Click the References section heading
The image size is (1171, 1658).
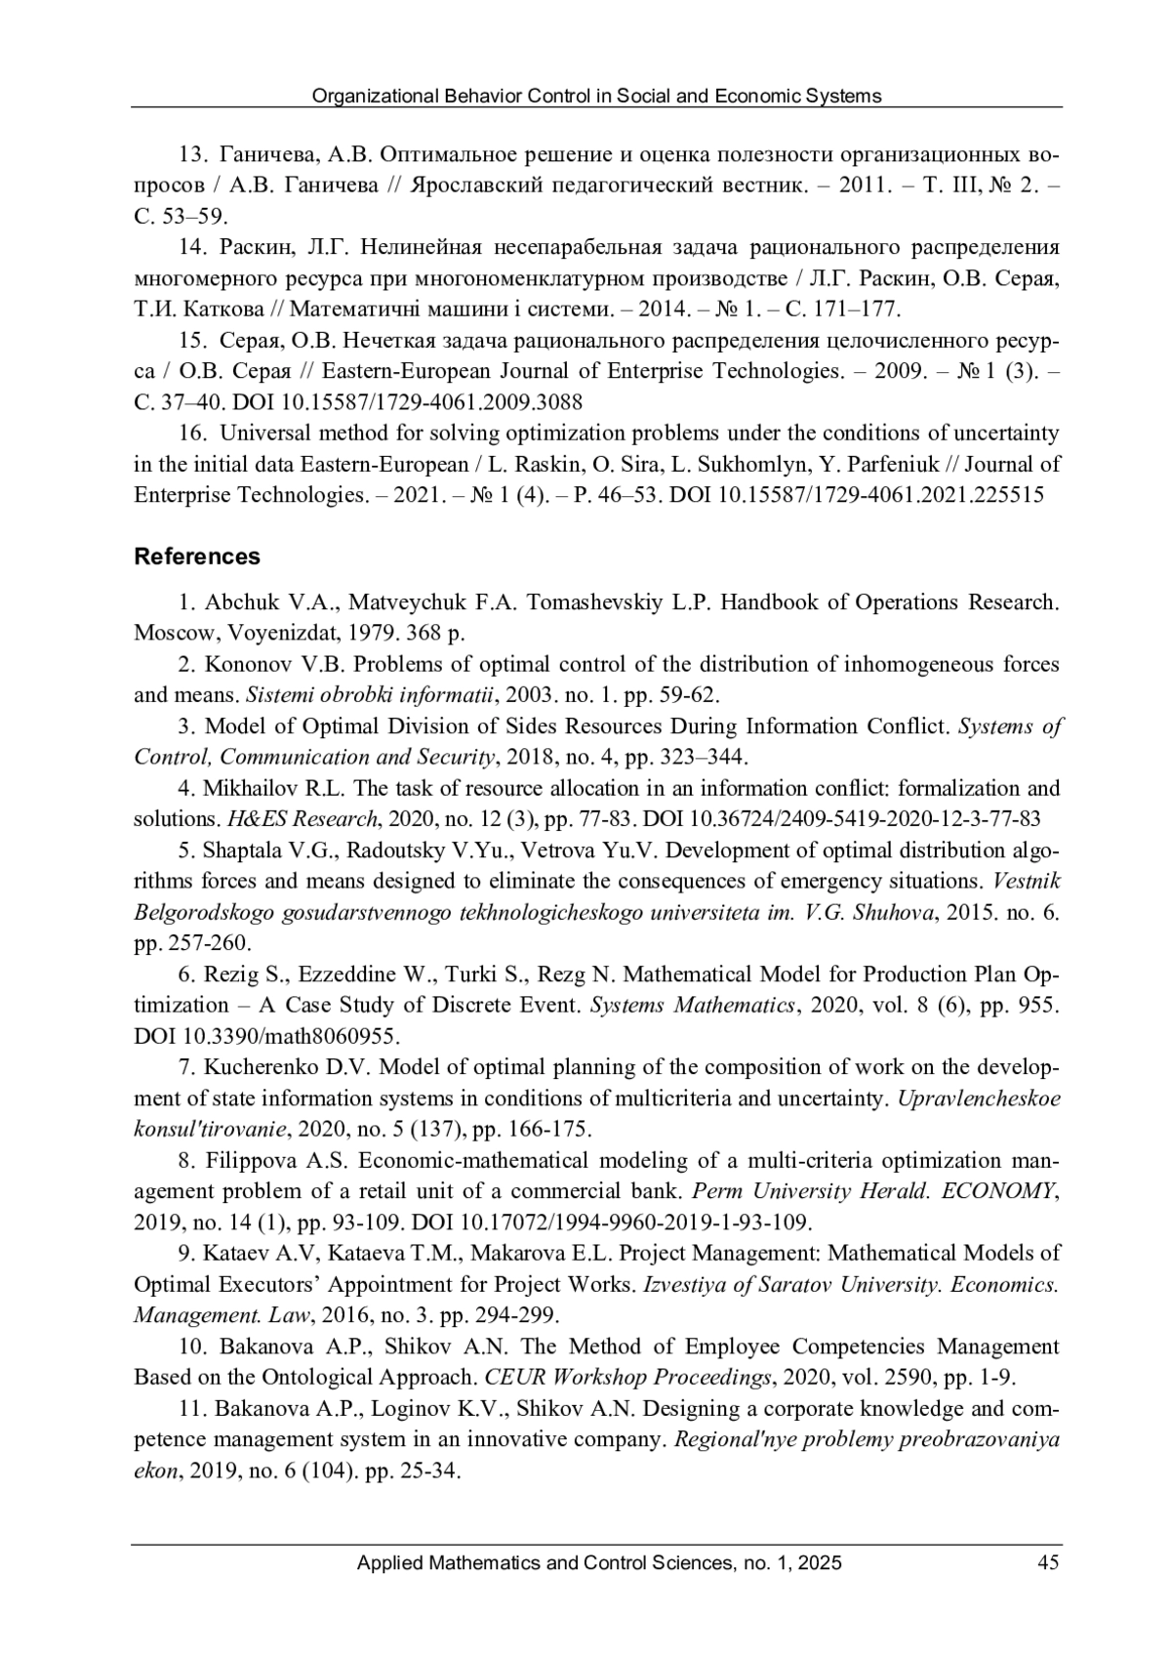coord(197,557)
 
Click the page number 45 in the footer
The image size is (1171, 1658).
coord(1048,1563)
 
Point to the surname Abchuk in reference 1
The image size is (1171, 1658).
coord(238,602)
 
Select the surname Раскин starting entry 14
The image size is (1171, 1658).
coord(255,248)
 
